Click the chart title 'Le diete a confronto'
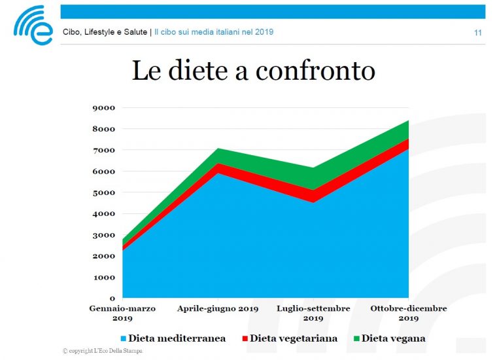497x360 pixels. tap(253, 71)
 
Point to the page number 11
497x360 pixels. tap(478, 33)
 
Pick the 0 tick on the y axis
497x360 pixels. tap(112, 298)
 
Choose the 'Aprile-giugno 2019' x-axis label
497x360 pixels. tap(218, 308)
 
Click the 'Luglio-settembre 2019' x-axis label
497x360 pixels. tap(313, 313)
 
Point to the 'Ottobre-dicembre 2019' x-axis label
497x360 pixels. tap(409, 313)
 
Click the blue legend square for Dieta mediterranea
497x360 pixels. tap(123, 339)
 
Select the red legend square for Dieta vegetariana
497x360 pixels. tap(245, 339)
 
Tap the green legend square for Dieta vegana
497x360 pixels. tap(356, 339)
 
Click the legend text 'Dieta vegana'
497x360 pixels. tap(393, 338)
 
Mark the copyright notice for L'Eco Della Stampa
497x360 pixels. tap(103, 351)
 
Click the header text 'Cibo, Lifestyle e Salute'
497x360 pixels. tap(105, 32)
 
